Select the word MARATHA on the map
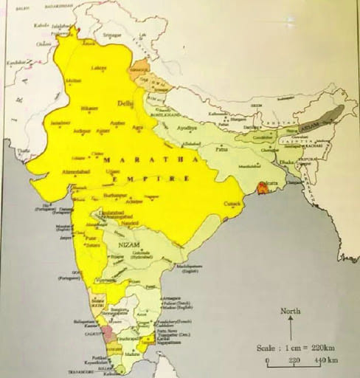[129, 159]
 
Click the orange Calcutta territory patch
[260, 188]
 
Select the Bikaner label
[89, 109]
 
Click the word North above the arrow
[290, 311]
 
